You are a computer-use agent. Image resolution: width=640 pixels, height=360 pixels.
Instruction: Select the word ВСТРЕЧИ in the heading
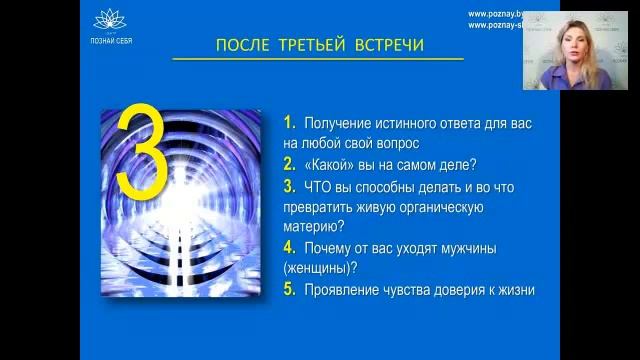[388, 45]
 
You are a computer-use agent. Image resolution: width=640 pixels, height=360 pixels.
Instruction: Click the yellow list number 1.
[288, 123]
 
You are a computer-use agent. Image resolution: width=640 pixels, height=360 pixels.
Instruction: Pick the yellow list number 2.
[288, 165]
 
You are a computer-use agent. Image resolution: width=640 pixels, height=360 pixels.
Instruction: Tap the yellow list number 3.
[288, 186]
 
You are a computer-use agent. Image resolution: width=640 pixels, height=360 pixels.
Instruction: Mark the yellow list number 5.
[288, 290]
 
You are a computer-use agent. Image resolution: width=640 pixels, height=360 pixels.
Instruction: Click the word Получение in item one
[343, 124]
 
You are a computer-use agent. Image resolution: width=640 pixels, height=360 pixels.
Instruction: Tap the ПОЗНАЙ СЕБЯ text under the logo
[110, 40]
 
